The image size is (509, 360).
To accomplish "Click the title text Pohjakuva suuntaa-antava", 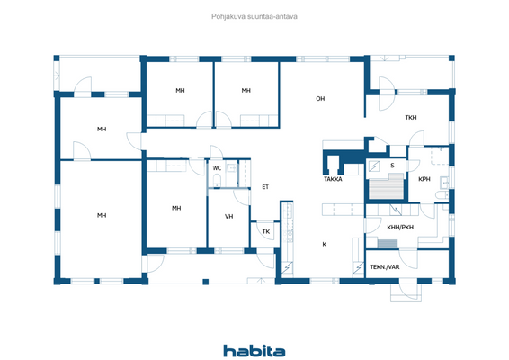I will point(254,15).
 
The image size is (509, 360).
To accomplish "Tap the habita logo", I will point(254,350).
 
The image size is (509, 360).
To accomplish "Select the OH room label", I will point(319,98).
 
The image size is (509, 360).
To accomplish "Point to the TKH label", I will point(410,118).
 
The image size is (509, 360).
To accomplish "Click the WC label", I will point(217,168).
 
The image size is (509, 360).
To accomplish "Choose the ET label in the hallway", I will point(265,187).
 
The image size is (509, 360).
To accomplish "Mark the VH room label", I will point(228,217).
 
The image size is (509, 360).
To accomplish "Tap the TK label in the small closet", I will point(265,232).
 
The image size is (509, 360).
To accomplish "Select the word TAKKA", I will point(333,180).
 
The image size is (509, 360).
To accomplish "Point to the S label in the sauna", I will point(392,166).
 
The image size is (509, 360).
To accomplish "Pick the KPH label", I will point(424,179).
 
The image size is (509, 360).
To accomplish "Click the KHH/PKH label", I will point(398,227).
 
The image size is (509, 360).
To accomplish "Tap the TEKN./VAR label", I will point(385,267).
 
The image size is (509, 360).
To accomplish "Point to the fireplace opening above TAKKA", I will point(333,165).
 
